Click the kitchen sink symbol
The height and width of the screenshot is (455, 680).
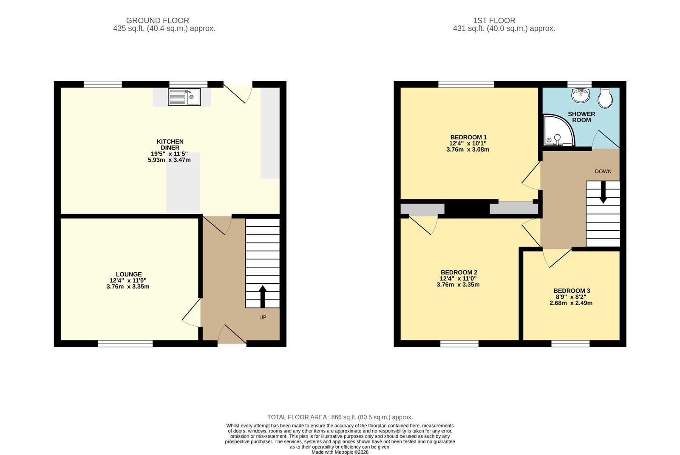(x=184, y=97)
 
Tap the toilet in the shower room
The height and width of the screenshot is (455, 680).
(x=605, y=98)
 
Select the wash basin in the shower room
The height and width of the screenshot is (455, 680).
(x=581, y=95)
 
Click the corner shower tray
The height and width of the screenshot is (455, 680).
(x=558, y=130)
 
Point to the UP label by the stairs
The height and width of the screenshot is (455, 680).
(x=263, y=317)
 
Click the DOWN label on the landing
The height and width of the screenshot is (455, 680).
(x=603, y=172)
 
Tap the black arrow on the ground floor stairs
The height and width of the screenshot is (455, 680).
(x=263, y=297)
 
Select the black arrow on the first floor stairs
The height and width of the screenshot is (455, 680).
(x=603, y=192)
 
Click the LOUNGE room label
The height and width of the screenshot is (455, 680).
(x=129, y=274)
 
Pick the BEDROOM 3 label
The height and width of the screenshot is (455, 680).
(x=572, y=291)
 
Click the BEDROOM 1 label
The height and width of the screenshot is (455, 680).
(x=468, y=137)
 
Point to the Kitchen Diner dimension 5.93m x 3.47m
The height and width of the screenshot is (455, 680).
(x=169, y=160)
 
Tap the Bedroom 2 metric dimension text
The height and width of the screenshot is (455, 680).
(x=458, y=285)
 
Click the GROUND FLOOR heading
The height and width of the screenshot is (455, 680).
(x=158, y=21)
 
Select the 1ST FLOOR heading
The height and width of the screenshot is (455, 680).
(x=494, y=21)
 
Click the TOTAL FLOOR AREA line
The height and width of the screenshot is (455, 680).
(x=340, y=417)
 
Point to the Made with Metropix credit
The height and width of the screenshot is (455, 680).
(x=340, y=452)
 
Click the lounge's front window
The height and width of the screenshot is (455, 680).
(x=125, y=344)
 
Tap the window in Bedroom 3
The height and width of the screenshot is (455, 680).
(x=570, y=344)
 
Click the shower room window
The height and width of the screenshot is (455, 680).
(x=580, y=84)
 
